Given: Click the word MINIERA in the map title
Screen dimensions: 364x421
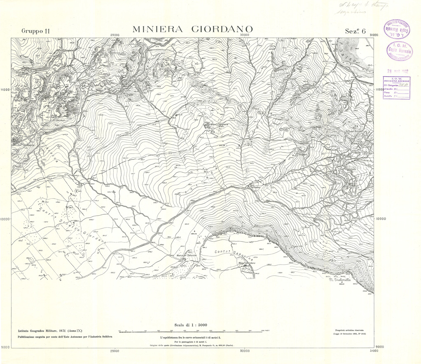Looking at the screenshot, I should pyautogui.click(x=157, y=30).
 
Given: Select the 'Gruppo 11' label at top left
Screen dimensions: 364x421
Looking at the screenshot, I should pyautogui.click(x=36, y=31).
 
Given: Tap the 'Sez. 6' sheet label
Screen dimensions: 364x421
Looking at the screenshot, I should pyautogui.click(x=356, y=31).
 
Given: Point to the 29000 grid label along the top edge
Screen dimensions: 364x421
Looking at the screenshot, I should pyautogui.click(x=115, y=35).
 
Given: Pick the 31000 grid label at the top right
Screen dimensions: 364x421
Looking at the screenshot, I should pyautogui.click(x=374, y=35).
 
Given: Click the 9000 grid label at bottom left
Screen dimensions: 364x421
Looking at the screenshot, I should pyautogui.click(x=5, y=348).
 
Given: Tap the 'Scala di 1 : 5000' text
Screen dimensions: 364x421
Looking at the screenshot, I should pyautogui.click(x=192, y=324).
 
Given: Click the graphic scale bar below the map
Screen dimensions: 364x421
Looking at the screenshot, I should pyautogui.click(x=192, y=331).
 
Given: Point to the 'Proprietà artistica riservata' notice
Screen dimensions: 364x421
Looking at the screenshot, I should pyautogui.click(x=348, y=331).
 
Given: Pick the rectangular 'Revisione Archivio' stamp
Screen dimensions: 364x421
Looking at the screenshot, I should pyautogui.click(x=397, y=87).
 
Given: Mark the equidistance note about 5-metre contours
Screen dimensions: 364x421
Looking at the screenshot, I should pyautogui.click(x=192, y=337).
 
